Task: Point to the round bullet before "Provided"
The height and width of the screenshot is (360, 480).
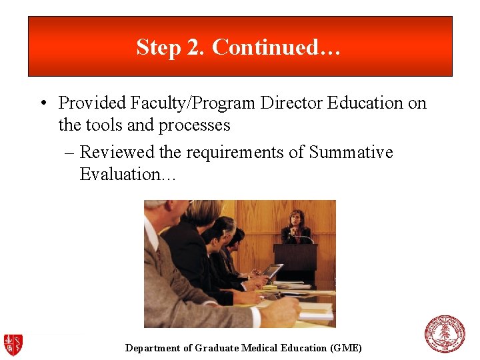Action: pyautogui.click(x=42, y=103)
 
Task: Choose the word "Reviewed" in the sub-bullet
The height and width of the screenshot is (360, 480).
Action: pyautogui.click(x=117, y=153)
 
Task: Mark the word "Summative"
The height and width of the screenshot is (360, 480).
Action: pyautogui.click(x=351, y=153)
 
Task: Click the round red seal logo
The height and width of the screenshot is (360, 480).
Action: pyautogui.click(x=445, y=334)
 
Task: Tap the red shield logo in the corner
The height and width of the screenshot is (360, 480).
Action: pyautogui.click(x=13, y=344)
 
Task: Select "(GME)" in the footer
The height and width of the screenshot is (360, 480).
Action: pyautogui.click(x=345, y=348)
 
